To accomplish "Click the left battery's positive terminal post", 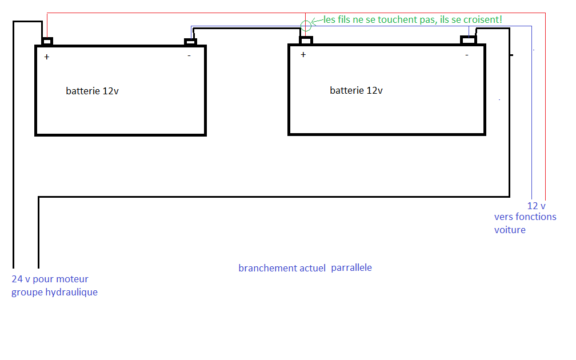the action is [47, 41].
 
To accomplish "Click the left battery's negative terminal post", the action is [190, 42].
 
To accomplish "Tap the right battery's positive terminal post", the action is [306, 40].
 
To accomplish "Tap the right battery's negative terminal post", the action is [469, 39].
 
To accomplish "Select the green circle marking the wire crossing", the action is [306, 25].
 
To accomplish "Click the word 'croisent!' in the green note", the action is [483, 19].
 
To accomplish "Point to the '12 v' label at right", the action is [536, 206].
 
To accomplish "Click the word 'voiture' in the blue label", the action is [510, 230].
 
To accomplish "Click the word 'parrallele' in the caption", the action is [351, 267].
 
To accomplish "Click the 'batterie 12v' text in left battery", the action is [93, 91].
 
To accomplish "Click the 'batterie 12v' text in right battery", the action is [357, 90].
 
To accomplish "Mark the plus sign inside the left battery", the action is [47, 57].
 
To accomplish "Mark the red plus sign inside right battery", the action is [303, 54].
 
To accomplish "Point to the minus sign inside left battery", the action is [189, 56].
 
